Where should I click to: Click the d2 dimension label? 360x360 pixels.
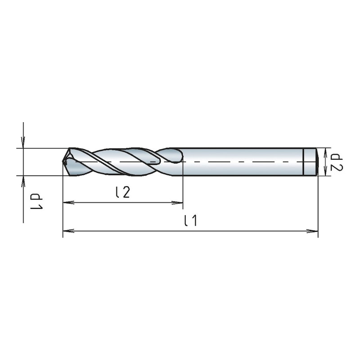(337, 162)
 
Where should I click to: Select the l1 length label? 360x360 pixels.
(191, 220)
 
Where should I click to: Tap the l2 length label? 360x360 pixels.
(122, 192)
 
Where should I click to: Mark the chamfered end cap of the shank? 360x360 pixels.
(310, 162)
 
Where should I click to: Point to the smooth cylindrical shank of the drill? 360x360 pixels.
(243, 162)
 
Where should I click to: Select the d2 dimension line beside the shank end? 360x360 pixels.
(328, 162)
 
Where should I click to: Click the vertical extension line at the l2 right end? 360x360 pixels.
(183, 189)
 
